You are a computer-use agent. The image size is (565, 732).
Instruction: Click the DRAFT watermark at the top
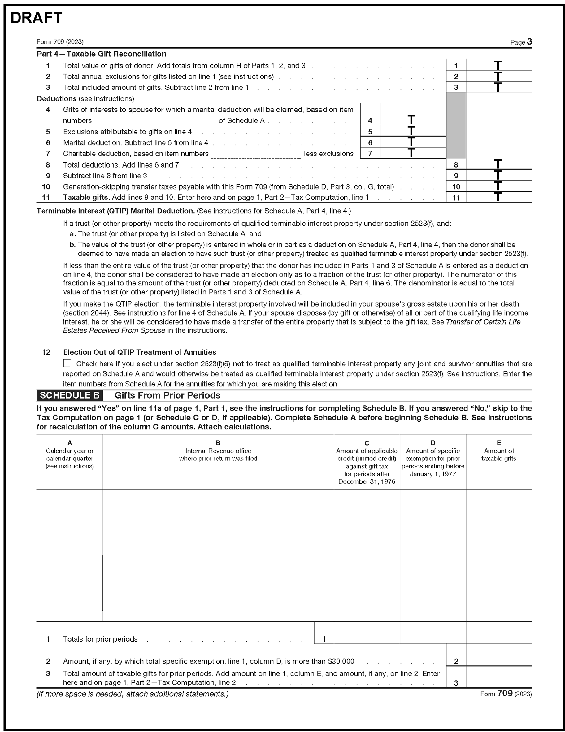coord(36,18)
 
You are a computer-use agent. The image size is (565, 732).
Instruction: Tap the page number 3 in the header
coord(529,41)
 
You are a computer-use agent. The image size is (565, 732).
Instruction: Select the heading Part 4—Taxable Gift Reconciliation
coord(102,54)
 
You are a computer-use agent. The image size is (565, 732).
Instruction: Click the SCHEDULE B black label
coord(70,395)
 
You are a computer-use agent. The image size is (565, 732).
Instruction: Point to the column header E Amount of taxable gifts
coord(499,451)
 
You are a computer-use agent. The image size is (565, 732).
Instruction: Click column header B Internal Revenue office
coord(218,451)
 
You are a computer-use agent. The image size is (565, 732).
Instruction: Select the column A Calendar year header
coord(70,455)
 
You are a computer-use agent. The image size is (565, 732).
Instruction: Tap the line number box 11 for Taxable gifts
coord(456,198)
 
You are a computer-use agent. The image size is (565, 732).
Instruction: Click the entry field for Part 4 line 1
coord(499,65)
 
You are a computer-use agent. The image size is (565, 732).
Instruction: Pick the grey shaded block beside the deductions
coord(456,125)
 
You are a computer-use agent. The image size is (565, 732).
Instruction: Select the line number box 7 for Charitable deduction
coord(370,154)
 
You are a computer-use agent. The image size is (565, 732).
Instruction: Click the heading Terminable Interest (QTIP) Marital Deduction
coord(115,211)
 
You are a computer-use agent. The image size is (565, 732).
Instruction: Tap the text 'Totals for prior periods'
coord(100,639)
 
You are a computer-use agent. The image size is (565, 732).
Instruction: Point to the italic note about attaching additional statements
coord(133,694)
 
